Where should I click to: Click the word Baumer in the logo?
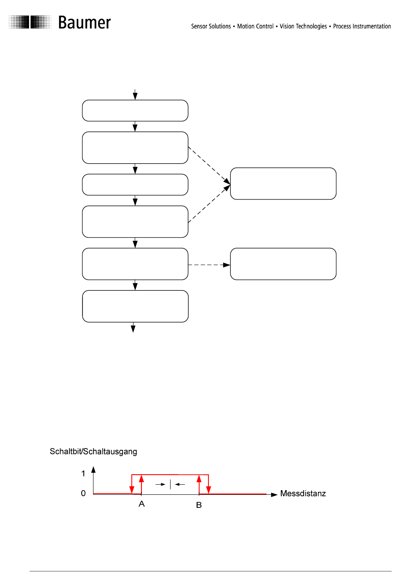(84, 23)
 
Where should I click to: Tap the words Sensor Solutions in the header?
(211, 26)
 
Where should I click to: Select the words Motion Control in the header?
(255, 26)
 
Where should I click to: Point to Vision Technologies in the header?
(303, 26)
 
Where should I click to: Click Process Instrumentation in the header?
(362, 26)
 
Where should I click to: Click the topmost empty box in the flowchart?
(135, 111)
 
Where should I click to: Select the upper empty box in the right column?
(283, 183)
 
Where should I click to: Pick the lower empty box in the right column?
(283, 264)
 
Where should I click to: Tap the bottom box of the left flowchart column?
(135, 306)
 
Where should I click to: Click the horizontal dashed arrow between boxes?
(209, 265)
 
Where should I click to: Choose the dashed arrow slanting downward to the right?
(209, 165)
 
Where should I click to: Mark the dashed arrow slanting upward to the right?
(209, 204)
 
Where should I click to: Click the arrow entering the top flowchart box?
(135, 95)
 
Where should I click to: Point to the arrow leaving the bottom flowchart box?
(133, 327)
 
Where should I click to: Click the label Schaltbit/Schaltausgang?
(93, 451)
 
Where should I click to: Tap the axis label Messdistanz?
(303, 494)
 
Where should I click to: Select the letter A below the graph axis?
(141, 504)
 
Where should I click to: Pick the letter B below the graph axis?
(199, 505)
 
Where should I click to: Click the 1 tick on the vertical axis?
(83, 474)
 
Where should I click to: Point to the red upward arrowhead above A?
(141, 479)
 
